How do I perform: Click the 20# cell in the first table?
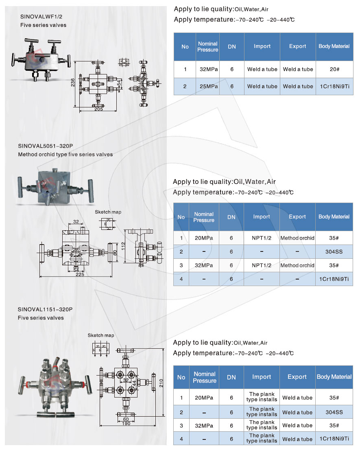click(334, 70)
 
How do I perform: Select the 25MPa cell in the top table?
click(209, 87)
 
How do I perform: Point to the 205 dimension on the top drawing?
click(98, 109)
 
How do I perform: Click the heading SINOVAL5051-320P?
click(48, 146)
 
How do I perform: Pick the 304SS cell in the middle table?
click(334, 252)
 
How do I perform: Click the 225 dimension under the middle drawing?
click(80, 274)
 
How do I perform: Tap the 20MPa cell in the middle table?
click(204, 238)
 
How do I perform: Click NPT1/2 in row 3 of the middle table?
click(262, 265)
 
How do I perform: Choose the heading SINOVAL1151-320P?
click(45, 309)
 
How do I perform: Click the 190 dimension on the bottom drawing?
click(127, 424)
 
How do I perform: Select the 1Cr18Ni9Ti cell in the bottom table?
click(334, 439)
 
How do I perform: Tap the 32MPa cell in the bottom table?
click(204, 426)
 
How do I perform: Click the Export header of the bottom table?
click(297, 377)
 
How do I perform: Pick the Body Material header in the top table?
click(334, 46)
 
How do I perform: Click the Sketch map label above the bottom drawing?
click(101, 335)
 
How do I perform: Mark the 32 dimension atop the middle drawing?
click(76, 222)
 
